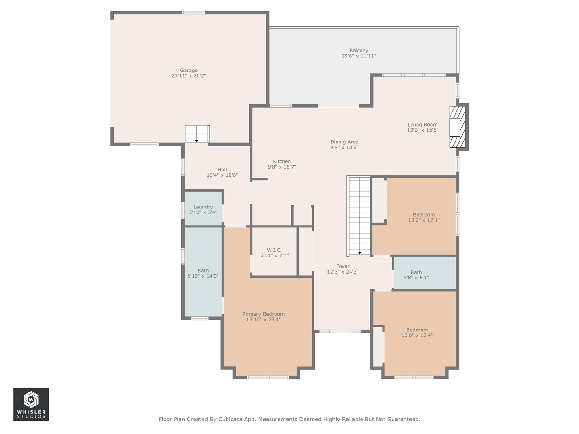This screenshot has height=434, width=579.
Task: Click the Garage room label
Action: point(189,71)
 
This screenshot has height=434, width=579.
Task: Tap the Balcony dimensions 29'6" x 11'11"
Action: point(359,56)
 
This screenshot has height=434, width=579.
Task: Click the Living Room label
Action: point(422,125)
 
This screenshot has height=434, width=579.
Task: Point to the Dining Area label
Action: point(344,142)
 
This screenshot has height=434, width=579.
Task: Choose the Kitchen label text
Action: point(282,161)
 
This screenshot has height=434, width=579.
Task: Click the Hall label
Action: point(222,170)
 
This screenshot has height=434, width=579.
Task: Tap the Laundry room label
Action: point(203,207)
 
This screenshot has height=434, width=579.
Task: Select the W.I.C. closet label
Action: point(274,250)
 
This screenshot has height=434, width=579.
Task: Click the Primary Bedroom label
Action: point(263,314)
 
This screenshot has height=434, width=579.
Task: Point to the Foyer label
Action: point(343,266)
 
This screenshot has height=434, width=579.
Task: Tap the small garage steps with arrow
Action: point(197,134)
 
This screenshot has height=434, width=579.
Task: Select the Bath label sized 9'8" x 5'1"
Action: point(416,272)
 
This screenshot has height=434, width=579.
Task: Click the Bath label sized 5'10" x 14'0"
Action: point(203,271)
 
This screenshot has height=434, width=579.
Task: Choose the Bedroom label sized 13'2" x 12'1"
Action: point(424,215)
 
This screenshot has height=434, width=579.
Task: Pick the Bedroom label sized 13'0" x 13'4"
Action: point(417,330)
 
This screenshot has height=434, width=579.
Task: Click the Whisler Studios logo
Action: point(31,404)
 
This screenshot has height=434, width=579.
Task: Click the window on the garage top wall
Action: point(194,13)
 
